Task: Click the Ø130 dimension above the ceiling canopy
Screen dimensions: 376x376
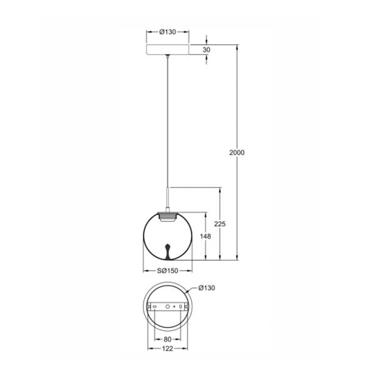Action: [168, 32]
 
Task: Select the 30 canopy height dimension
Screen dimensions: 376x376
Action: [206, 50]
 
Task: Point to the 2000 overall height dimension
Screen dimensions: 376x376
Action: [237, 153]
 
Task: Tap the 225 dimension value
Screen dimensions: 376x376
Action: [220, 224]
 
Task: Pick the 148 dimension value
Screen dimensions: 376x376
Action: [205, 236]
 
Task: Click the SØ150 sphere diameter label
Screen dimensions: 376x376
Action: [167, 271]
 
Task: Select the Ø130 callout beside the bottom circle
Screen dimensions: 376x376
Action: [207, 288]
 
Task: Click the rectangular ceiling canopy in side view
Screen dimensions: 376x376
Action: [168, 50]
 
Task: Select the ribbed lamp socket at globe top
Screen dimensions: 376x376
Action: [168, 217]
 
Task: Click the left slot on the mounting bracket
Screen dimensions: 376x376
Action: [154, 306]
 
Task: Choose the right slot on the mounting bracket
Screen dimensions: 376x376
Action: [180, 306]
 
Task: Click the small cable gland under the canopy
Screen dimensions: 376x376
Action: [168, 56]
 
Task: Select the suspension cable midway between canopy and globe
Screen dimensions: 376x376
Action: [168, 122]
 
